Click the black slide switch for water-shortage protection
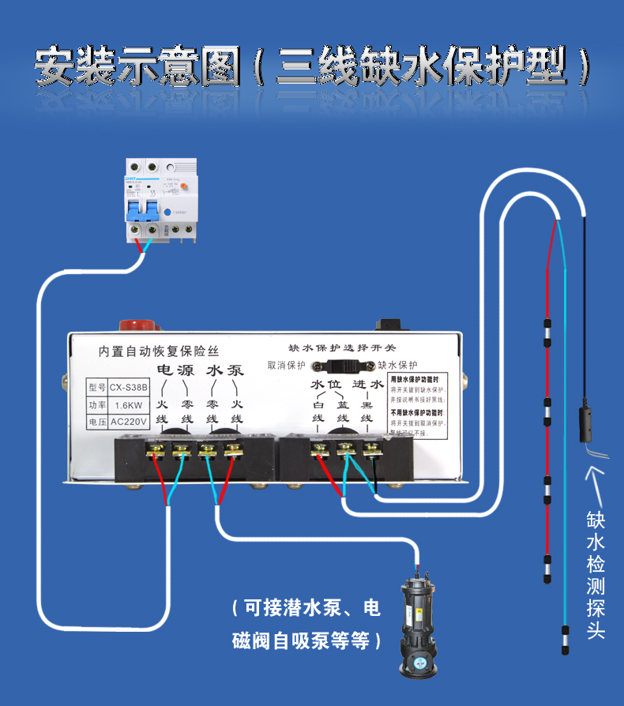[x=343, y=366]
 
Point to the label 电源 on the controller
[x=175, y=370]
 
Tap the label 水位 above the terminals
[x=328, y=385]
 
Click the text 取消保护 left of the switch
[x=287, y=366]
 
